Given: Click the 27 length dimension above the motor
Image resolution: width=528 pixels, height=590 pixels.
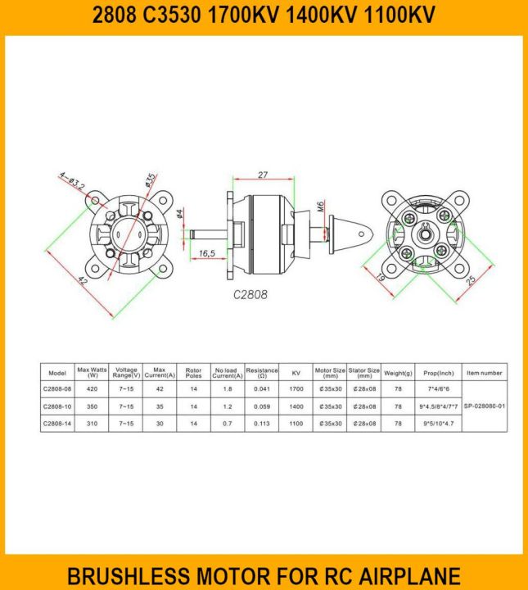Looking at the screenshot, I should [263, 175].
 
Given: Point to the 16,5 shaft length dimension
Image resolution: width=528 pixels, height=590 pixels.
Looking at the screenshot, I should [206, 254].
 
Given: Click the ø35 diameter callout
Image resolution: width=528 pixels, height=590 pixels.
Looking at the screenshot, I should [150, 179].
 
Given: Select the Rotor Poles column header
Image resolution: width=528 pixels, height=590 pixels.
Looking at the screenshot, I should [193, 373].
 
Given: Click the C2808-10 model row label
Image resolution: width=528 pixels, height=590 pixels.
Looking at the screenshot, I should [57, 406].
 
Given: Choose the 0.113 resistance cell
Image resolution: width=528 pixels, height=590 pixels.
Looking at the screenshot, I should [262, 424].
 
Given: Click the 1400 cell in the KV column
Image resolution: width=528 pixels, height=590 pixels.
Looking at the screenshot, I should [296, 406].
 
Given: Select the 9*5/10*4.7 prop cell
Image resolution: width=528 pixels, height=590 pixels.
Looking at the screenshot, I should [438, 424].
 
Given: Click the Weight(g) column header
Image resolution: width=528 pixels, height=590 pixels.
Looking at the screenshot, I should [398, 373].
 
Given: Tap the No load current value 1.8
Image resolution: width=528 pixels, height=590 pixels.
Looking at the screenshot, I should [227, 390].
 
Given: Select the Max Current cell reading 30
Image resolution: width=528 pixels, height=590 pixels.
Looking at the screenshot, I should [160, 424].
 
